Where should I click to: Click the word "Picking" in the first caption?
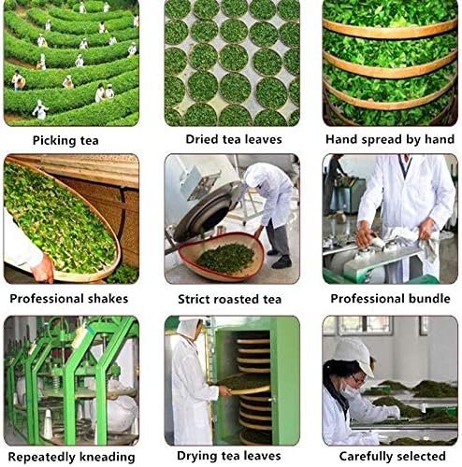coord(54,141)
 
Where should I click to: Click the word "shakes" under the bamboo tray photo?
coord(108,299)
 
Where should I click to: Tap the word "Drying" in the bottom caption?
coord(197,457)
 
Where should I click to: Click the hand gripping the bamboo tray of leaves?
coord(43,269)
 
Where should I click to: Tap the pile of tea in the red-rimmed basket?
coord(225,259)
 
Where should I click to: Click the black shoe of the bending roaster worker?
coord(282,262)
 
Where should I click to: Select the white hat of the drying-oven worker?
coord(189,327)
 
